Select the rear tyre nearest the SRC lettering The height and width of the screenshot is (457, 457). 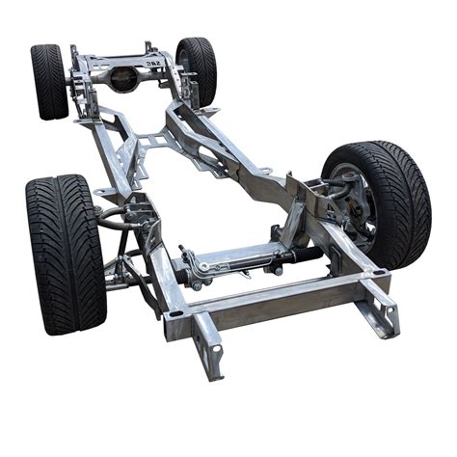click(x=196, y=69)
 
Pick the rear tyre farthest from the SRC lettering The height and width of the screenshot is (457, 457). click(x=48, y=81)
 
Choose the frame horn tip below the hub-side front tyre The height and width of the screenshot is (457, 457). click(x=386, y=313)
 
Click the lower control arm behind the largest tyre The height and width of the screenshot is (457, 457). click(x=125, y=280)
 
